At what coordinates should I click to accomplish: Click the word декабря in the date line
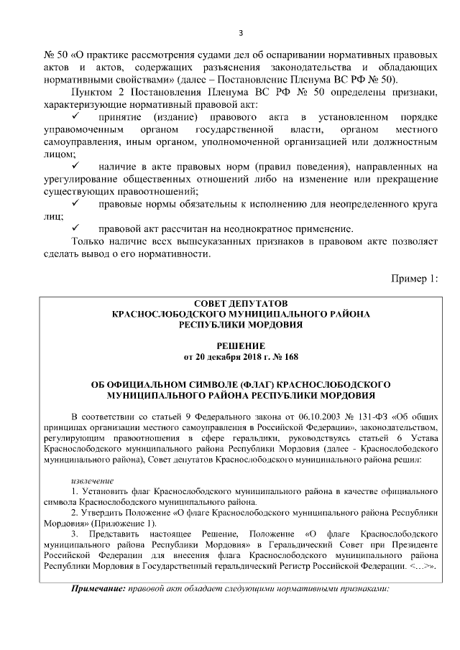click(x=222, y=356)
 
